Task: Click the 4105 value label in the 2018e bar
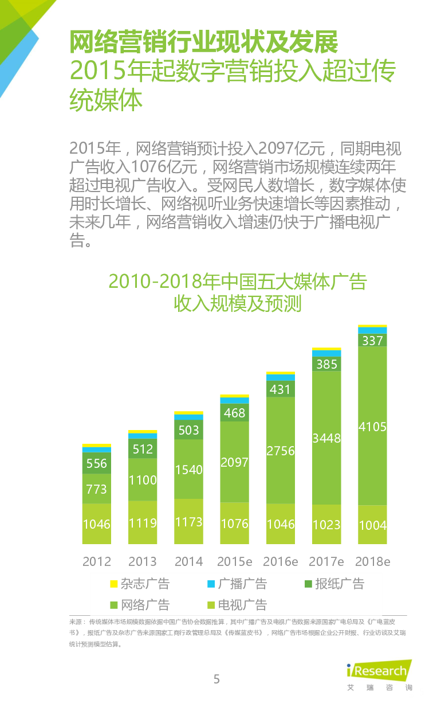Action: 372,427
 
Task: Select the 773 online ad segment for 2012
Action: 97,489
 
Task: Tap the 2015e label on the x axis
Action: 234,561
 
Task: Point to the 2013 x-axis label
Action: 143,561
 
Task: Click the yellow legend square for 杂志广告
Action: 114,584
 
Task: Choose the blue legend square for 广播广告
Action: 211,584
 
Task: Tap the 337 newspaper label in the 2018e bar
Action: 372,341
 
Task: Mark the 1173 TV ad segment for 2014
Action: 188,522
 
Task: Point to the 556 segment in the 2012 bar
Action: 97,463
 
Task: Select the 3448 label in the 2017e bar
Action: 326,439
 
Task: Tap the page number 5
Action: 216,679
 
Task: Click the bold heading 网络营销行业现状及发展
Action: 203,41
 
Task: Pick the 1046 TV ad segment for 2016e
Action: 281,524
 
